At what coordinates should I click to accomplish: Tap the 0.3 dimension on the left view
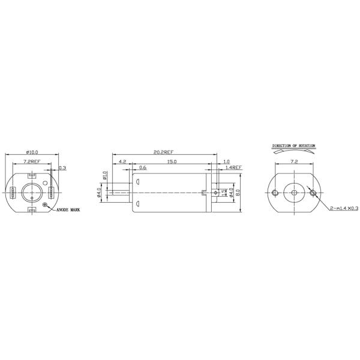(x=63, y=168)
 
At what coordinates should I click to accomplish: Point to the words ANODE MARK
(x=68, y=211)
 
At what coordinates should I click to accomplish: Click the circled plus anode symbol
(x=46, y=205)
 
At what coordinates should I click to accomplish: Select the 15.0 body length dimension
(x=172, y=162)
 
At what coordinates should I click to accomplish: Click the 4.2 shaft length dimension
(x=122, y=162)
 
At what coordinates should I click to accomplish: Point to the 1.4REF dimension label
(x=233, y=168)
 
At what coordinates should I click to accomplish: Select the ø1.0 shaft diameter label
(x=104, y=176)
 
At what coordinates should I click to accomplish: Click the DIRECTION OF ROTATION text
(x=293, y=145)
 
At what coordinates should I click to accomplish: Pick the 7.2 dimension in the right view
(x=293, y=162)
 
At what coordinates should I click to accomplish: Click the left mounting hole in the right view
(x=275, y=192)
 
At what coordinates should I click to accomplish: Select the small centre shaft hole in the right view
(x=293, y=192)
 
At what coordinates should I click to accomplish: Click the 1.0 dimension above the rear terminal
(x=226, y=162)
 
